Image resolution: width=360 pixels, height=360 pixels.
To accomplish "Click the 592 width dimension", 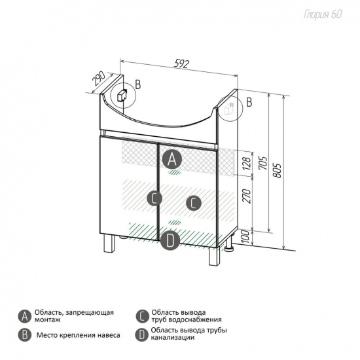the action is pyautogui.click(x=181, y=63).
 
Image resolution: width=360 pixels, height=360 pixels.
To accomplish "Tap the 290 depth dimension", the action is pyautogui.click(x=98, y=79).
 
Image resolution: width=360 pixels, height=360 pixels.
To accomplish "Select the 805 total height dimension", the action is pyautogui.click(x=278, y=171).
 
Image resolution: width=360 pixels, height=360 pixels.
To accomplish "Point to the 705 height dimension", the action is pyautogui.click(x=263, y=163).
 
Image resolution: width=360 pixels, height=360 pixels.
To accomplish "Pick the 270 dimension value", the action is pyautogui.click(x=247, y=196).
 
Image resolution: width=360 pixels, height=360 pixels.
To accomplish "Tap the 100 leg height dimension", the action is pyautogui.click(x=245, y=237).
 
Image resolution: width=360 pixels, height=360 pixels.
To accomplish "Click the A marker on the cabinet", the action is pyautogui.click(x=172, y=159).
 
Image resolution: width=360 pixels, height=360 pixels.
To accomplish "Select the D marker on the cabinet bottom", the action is pyautogui.click(x=170, y=240).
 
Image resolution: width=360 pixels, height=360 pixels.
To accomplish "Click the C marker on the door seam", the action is pyautogui.click(x=154, y=198).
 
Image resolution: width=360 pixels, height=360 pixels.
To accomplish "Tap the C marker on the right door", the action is pyautogui.click(x=194, y=203).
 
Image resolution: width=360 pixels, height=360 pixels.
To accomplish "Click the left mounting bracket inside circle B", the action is pyautogui.click(x=122, y=96).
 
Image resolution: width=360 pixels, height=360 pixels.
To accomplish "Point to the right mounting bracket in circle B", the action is pyautogui.click(x=228, y=109).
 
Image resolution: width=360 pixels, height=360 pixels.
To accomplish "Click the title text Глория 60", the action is pyautogui.click(x=323, y=14).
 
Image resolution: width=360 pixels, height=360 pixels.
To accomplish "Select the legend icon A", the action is pyautogui.click(x=25, y=317).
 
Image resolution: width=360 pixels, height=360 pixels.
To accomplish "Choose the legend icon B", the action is pyautogui.click(x=25, y=335).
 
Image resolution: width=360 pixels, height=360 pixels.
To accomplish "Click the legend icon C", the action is pyautogui.click(x=142, y=317).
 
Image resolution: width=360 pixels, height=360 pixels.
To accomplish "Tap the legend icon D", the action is pyautogui.click(x=141, y=335).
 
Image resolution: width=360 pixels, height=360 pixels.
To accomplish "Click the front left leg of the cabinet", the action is pyautogui.click(x=109, y=243).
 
